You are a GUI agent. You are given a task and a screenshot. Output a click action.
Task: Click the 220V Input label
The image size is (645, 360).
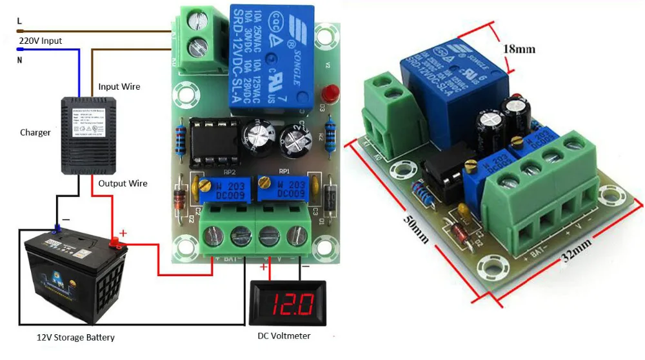pos(40,41)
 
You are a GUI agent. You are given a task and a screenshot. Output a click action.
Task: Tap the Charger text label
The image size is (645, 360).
pos(35,132)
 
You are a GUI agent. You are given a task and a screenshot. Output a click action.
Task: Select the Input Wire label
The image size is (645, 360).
pos(119,86)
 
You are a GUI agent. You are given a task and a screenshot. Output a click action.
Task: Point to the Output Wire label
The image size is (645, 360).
pos(123,183)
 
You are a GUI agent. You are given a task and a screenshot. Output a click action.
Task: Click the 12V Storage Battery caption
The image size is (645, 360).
pos(75,337)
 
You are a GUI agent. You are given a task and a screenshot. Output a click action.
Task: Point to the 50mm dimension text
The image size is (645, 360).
pos(414,226)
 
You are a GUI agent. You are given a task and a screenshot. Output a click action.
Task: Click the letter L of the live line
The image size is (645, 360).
pos(19,21)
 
